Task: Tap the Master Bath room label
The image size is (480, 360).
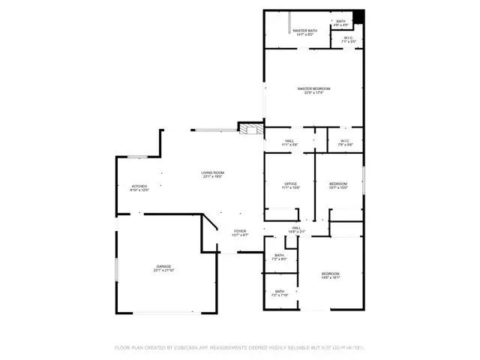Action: click(305, 31)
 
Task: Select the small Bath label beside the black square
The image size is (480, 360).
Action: click(340, 23)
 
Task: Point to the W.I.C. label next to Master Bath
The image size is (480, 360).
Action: click(349, 40)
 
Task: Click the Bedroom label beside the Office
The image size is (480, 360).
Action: click(338, 185)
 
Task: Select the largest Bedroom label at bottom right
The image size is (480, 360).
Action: click(331, 275)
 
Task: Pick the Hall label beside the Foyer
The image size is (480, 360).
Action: click(296, 229)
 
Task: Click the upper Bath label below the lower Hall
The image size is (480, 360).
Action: click(279, 257)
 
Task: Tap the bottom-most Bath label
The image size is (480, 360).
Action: click(279, 293)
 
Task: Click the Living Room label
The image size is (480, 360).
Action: click(212, 174)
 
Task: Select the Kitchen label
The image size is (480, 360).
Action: click(140, 187)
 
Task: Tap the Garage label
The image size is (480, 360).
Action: click(163, 268)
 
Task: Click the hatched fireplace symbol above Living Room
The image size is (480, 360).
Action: click(248, 129)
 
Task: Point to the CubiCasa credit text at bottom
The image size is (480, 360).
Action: click(240, 347)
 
